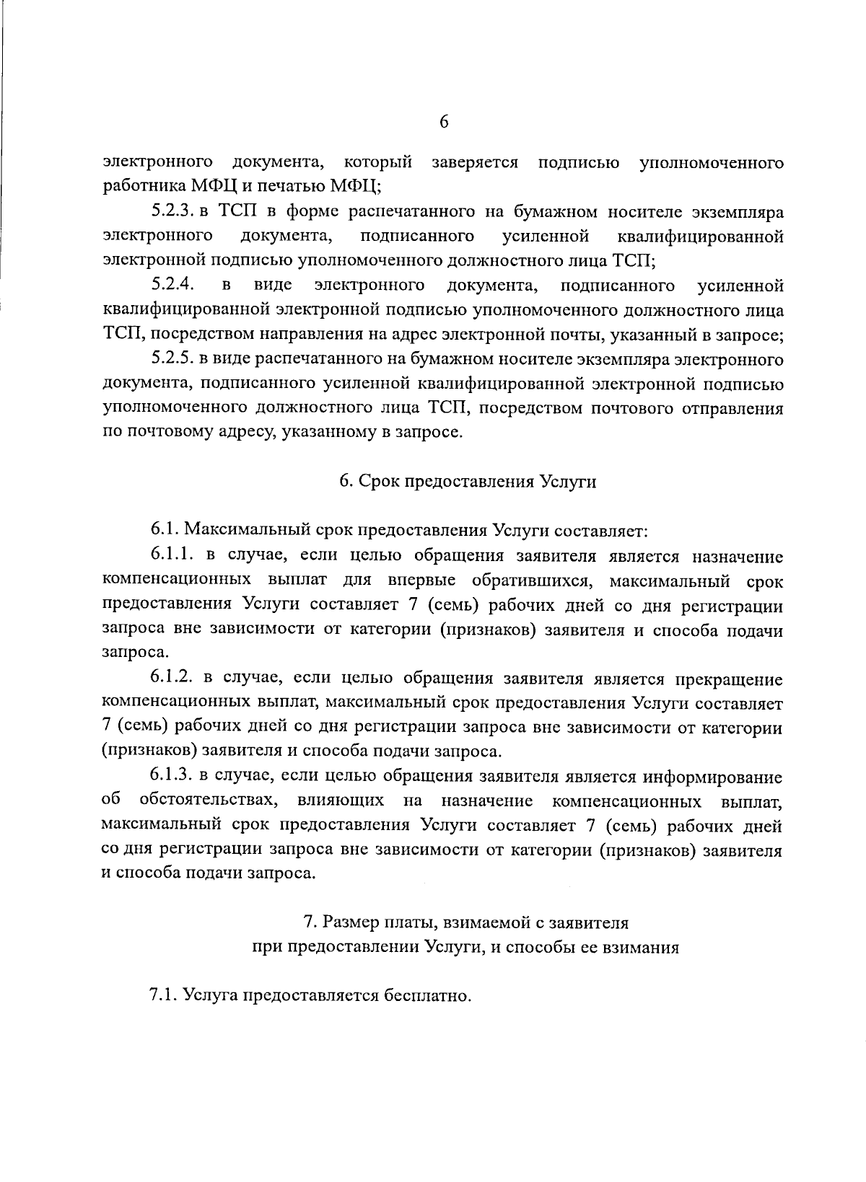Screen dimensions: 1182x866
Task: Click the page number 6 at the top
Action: coord(444,123)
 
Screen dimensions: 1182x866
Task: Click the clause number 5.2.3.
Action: coord(171,211)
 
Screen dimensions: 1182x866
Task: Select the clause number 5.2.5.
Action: coord(171,359)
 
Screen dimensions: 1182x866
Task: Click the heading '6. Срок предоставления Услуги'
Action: coord(468,482)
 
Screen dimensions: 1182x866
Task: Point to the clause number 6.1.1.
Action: coord(173,556)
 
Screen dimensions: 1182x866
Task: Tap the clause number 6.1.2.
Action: coord(173,679)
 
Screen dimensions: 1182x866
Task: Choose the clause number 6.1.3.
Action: coord(173,777)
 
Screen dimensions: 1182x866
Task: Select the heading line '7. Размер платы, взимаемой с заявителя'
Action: coord(465,922)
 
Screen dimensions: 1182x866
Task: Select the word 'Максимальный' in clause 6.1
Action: coord(248,532)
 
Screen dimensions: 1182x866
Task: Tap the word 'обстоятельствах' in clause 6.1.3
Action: coord(206,801)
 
